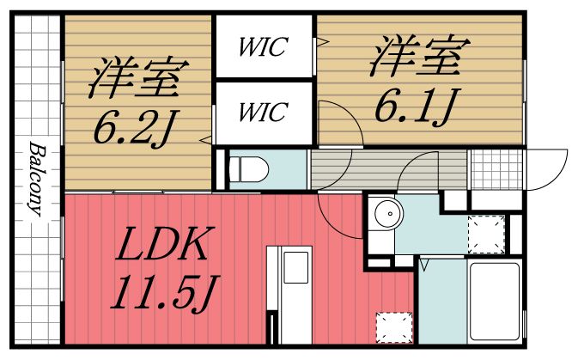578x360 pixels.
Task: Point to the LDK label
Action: point(163,247)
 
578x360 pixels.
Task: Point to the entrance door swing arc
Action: point(546,172)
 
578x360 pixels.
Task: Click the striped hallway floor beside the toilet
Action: point(344,168)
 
